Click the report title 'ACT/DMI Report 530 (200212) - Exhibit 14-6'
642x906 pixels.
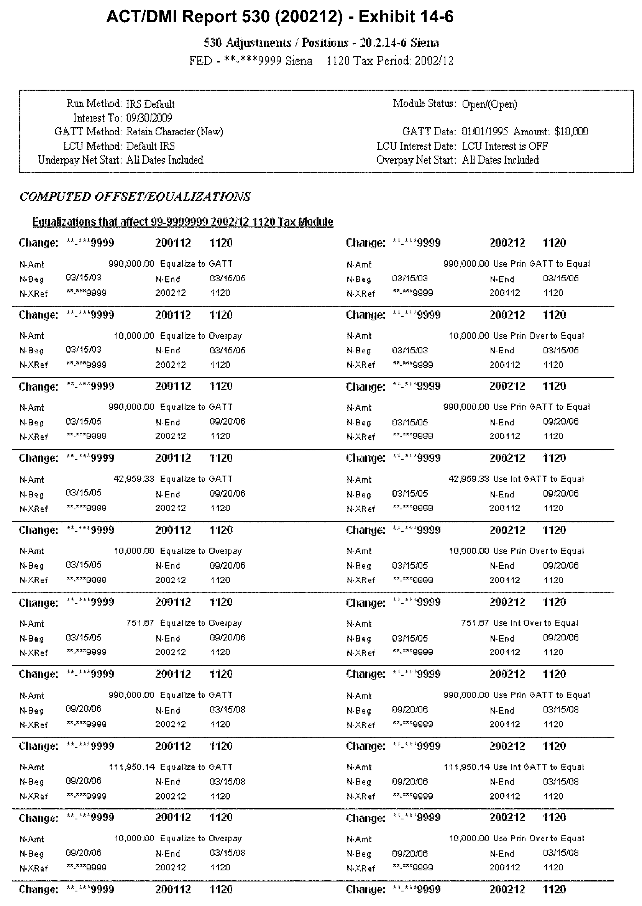pos(280,17)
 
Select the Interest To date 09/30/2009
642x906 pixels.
pos(149,118)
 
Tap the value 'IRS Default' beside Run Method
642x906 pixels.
pos(150,104)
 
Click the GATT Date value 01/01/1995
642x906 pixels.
pos(485,131)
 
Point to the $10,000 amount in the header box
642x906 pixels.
pos(571,131)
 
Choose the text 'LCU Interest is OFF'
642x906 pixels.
pos(505,146)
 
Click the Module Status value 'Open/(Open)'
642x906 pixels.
pos(489,104)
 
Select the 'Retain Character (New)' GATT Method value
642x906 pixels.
pos(175,131)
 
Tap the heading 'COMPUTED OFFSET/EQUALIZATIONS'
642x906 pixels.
pos(135,197)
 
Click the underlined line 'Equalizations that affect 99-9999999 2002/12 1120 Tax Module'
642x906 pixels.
pos(183,222)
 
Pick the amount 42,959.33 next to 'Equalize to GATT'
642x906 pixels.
pos(134,479)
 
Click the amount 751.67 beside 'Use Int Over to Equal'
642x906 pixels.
pos(475,623)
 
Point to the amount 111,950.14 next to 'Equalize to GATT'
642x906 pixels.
pos(132,767)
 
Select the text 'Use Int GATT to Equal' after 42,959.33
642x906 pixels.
pos(539,479)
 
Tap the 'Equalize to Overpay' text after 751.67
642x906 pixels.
pos(201,623)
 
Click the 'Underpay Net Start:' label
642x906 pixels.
pos(79,160)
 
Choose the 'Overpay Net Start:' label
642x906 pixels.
pos(416,160)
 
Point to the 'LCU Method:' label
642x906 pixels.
pos(92,146)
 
